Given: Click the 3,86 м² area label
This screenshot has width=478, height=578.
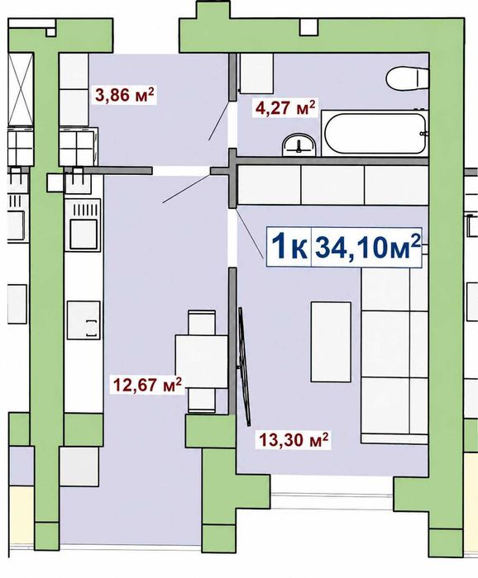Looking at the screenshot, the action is (x=124, y=95).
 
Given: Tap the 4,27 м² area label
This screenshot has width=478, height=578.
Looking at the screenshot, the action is (x=285, y=108).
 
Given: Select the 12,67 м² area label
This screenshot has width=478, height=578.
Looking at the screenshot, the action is (x=148, y=386).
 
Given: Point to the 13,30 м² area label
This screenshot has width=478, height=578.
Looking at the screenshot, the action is (x=294, y=439).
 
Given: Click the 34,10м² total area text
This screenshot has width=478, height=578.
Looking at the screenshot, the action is (x=368, y=247).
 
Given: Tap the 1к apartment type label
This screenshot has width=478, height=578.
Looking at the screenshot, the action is (x=289, y=247).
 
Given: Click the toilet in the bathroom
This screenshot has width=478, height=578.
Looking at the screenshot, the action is (x=407, y=78).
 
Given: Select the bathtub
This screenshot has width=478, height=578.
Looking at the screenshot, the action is (x=375, y=134).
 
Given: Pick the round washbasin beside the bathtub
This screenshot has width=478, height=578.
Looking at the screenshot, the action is (x=299, y=144).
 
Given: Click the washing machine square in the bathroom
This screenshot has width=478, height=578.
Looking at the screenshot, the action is (x=256, y=73).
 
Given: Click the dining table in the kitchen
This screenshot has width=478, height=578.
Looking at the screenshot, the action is (x=201, y=362).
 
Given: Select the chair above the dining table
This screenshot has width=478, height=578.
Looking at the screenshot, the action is (x=202, y=323).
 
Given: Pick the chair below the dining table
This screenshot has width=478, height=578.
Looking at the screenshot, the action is (x=202, y=400).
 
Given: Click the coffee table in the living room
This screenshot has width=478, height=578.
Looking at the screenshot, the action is (x=331, y=342).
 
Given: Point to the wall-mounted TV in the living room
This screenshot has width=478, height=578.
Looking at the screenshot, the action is (x=245, y=367).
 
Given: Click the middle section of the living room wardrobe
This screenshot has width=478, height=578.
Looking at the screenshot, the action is (x=332, y=185).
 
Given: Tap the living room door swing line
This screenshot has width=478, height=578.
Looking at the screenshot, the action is (x=250, y=232).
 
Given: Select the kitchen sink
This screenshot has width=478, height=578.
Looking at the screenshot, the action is (x=84, y=320).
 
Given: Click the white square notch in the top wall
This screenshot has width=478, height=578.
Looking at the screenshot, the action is (x=308, y=27).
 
